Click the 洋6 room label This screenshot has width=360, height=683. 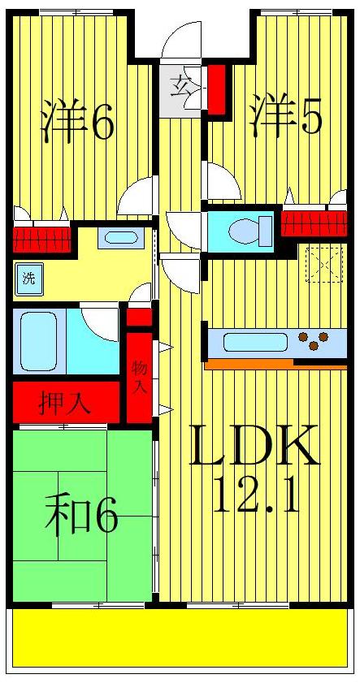click(x=78, y=120)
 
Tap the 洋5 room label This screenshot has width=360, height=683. click(x=286, y=116)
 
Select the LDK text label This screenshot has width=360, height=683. click(x=254, y=446)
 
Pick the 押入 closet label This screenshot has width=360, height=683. click(x=66, y=404)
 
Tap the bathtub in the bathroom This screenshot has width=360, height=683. click(x=37, y=340)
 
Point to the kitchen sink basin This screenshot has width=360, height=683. click(x=256, y=342)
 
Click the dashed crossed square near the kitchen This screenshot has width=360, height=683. click(x=324, y=263)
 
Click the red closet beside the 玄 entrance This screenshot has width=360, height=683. click(x=216, y=89)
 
